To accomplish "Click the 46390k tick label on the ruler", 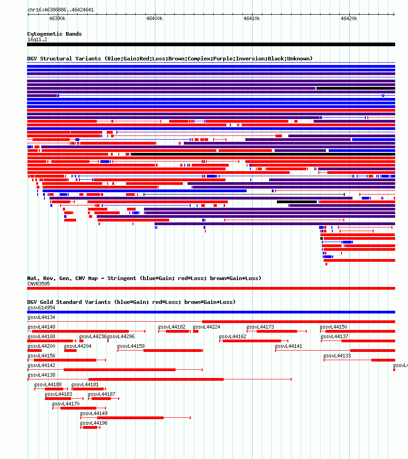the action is pyautogui.click(x=57, y=18).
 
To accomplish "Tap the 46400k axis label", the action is pyautogui.click(x=154, y=18).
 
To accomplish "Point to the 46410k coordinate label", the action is pyautogui.click(x=252, y=18).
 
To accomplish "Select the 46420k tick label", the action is pyautogui.click(x=349, y=18).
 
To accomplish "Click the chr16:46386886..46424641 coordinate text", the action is pyautogui.click(x=61, y=10).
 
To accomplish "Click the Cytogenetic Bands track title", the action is pyautogui.click(x=55, y=34).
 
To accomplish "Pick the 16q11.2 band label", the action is pyautogui.click(x=37, y=39).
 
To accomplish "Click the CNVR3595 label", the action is pyautogui.click(x=39, y=284).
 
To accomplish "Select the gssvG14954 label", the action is pyautogui.click(x=41, y=308).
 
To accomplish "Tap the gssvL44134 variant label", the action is pyautogui.click(x=41, y=317).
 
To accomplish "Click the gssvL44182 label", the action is pyautogui.click(x=171, y=327).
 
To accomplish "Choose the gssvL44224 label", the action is pyautogui.click(x=206, y=327).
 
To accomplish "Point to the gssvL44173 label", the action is pyautogui.click(x=260, y=327).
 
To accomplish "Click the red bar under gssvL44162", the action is pyautogui.click(x=252, y=341).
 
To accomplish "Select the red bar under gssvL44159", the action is pyautogui.click(x=173, y=351).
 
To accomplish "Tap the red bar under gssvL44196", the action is pyautogui.click(x=90, y=428).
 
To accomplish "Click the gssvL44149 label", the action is pyautogui.click(x=94, y=413).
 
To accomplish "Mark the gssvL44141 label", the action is pyautogui.click(x=289, y=346).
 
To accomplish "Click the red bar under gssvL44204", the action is pyautogui.click(x=71, y=351).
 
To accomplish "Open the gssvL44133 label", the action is pyautogui.click(x=337, y=356).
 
